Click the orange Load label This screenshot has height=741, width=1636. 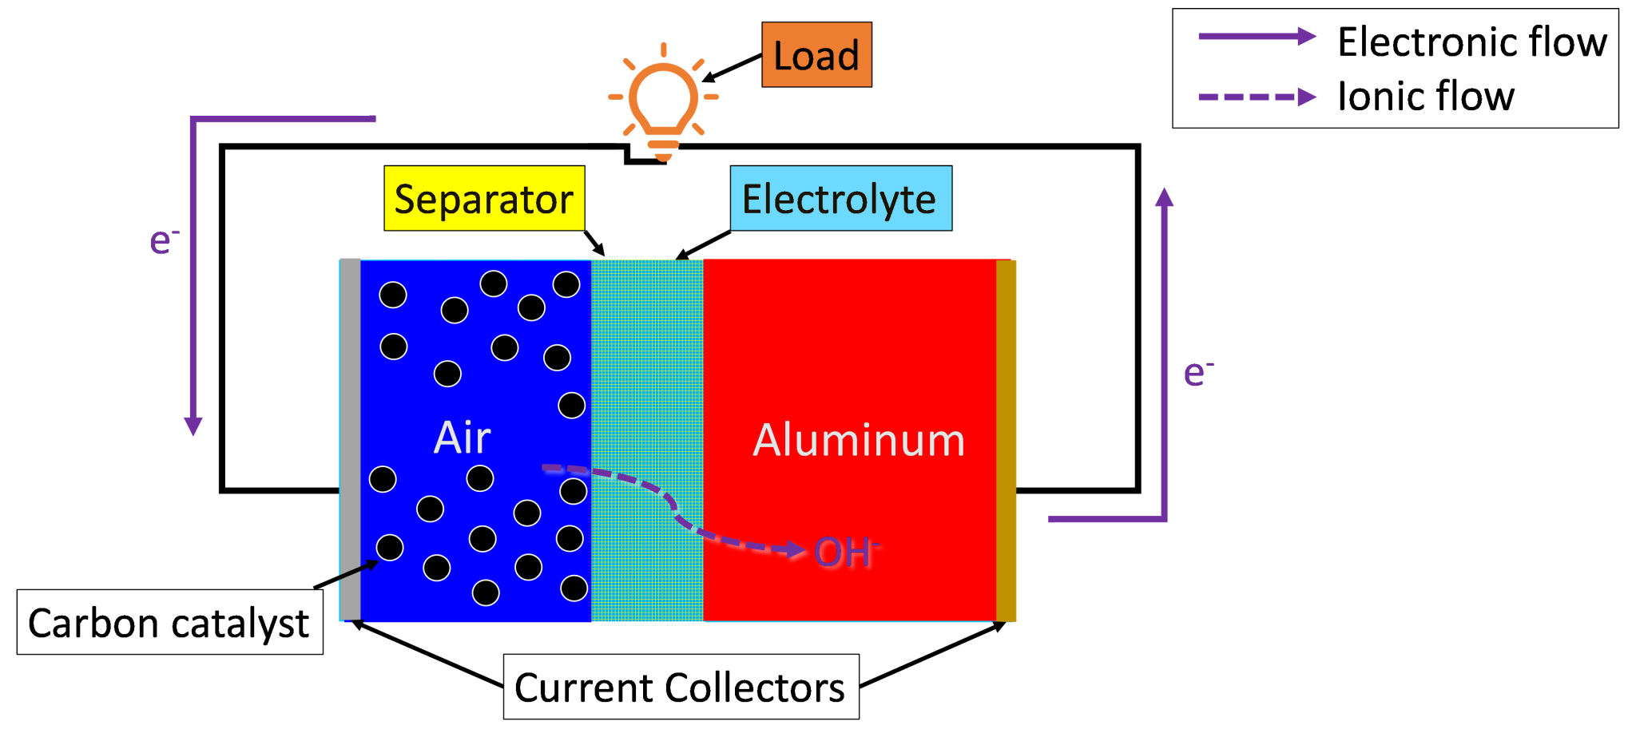[816, 55]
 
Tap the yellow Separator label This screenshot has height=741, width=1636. [484, 199]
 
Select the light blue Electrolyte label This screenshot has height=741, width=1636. [840, 199]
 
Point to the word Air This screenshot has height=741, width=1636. [462, 438]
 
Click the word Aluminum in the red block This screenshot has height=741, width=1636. [859, 440]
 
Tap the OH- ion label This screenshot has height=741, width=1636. [845, 553]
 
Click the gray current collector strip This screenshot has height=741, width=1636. [350, 439]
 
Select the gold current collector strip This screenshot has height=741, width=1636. [1006, 439]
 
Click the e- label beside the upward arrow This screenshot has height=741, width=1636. [1197, 372]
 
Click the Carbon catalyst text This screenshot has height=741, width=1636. [169, 624]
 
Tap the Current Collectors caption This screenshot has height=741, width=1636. [680, 688]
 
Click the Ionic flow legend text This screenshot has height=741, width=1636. [1427, 97]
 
